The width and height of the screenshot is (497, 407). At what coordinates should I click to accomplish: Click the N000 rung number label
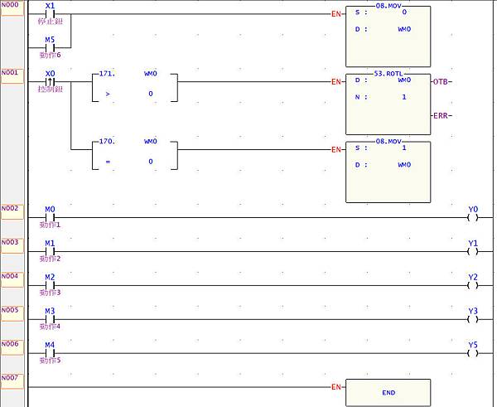point(11,5)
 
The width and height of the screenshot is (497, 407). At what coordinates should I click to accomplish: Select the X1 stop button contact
point(50,13)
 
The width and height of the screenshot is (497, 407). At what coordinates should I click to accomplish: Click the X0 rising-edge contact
point(50,81)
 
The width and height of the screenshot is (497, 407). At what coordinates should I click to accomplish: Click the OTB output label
point(442,81)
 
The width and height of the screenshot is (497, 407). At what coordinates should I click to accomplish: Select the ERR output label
point(442,115)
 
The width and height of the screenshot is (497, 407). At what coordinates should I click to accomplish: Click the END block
point(388,392)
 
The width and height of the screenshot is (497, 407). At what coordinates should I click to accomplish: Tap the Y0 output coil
point(473,217)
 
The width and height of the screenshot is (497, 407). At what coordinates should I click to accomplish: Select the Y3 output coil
point(473,319)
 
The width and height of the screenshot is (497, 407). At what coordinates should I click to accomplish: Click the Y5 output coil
point(473,353)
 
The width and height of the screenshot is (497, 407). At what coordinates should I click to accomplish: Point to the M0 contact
point(50,217)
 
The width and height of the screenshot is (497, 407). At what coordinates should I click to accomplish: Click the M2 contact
point(50,285)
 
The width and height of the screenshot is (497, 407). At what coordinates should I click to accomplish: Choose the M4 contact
point(50,353)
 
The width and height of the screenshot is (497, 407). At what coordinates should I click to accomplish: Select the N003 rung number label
point(11,241)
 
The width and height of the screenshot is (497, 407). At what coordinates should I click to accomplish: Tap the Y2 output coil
point(473,285)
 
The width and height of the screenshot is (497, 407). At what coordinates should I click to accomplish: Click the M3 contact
point(50,319)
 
